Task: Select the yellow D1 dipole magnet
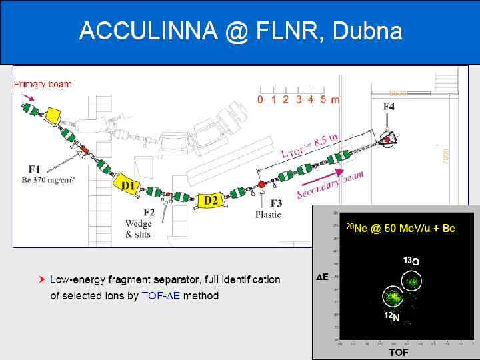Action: pyautogui.click(x=129, y=185)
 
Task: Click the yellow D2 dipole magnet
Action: pyautogui.click(x=211, y=199)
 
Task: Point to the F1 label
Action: pyautogui.click(x=34, y=169)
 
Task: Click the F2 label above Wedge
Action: pyautogui.click(x=149, y=212)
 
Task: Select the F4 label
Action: pyautogui.click(x=389, y=107)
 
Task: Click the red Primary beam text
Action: pyautogui.click(x=43, y=85)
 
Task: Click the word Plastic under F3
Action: pyautogui.click(x=268, y=215)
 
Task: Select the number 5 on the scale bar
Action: pyautogui.click(x=323, y=100)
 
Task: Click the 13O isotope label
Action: pyautogui.click(x=411, y=261)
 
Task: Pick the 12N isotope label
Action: pyautogui.click(x=392, y=317)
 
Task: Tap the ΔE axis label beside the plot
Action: pyautogui.click(x=323, y=277)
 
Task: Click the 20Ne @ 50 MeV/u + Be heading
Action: pyautogui.click(x=400, y=228)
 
